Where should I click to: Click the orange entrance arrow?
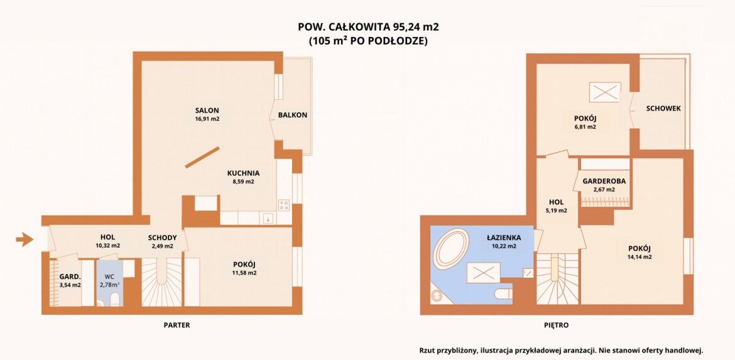point(24,240)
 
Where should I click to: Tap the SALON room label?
point(207,111)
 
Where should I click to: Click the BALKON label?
point(293,115)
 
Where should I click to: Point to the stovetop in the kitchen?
point(283,205)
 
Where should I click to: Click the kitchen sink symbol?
point(268,218)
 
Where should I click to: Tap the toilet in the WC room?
point(114,299)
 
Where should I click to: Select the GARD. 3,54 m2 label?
point(70,280)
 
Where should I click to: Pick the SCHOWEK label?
point(663,108)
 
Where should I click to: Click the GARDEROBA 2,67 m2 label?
point(604,185)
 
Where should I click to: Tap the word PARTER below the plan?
point(177,325)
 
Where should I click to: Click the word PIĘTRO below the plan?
point(557,325)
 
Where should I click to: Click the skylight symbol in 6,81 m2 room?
point(605,92)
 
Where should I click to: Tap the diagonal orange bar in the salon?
point(202,157)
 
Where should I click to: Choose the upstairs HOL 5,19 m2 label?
point(556,206)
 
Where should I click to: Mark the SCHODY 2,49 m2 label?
point(162,241)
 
